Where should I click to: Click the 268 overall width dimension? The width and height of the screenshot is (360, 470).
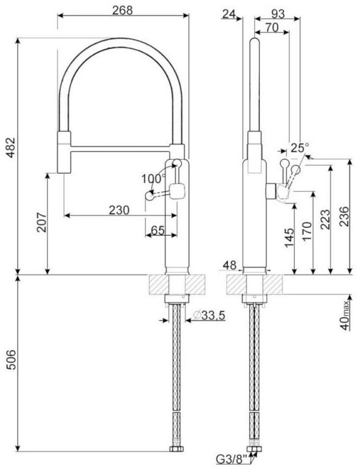coord(122,10)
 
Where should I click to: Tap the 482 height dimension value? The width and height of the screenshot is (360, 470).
coord(10,147)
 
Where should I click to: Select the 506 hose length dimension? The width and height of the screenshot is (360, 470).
coord(10,359)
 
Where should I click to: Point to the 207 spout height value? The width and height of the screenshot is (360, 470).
coord(42,222)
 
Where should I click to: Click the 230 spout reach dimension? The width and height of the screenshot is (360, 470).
coord(119,210)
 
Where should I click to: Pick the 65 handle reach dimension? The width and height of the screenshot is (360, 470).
coord(157,230)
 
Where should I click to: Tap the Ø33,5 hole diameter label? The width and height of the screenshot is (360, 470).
coord(209,315)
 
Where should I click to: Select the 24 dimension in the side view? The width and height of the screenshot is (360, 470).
coord(230,14)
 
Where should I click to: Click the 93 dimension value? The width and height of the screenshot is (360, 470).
coord(277,14)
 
